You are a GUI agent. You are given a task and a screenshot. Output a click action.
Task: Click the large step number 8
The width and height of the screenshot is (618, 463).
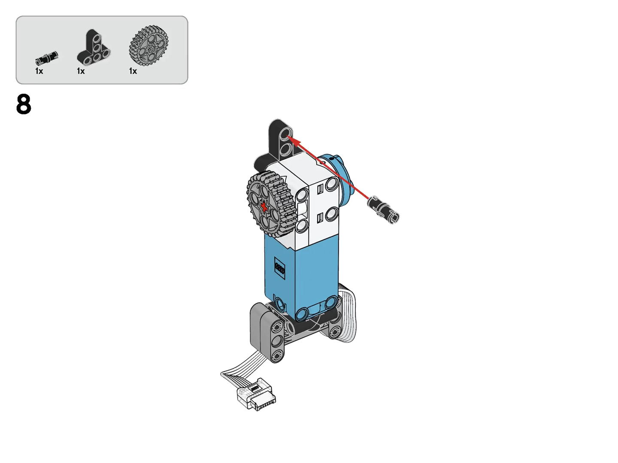(x=24, y=104)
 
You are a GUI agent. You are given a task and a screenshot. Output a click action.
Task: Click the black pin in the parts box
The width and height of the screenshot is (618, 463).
(x=47, y=58)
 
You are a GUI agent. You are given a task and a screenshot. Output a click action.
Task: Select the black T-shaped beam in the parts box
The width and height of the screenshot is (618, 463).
(x=94, y=47)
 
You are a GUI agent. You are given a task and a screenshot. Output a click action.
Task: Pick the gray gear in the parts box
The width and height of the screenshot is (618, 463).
(x=148, y=45)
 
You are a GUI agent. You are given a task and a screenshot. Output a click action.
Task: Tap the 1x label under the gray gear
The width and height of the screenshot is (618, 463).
(x=133, y=71)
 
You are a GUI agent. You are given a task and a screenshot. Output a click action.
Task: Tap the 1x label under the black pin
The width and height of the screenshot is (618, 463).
(x=39, y=71)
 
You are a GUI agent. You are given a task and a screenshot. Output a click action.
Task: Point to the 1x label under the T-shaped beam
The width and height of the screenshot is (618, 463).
(x=81, y=71)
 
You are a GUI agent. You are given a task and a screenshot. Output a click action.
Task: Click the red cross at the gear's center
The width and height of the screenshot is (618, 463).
(x=264, y=207)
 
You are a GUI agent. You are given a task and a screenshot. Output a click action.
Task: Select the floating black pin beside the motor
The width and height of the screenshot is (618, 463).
(x=384, y=210)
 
